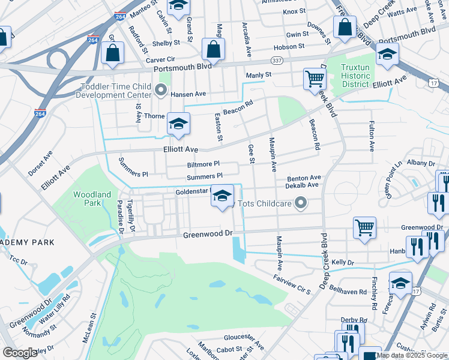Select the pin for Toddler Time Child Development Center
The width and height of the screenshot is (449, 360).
tap(160, 91)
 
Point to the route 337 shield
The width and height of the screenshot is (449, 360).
tap(276, 61)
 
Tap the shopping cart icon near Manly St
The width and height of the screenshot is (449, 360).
tap(315, 79)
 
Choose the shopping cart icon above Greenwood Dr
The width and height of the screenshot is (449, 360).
tap(364, 227)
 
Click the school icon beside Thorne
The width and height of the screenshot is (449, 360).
tap(178, 123)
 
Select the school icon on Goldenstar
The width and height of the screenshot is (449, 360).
tap(222, 196)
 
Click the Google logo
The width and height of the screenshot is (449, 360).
tap(20, 353)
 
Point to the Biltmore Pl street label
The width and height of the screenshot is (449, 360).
tap(203, 164)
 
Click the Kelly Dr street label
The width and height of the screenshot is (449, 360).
tap(344, 263)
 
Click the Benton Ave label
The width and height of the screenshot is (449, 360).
tap(304, 178)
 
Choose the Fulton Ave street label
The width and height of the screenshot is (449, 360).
tap(372, 137)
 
